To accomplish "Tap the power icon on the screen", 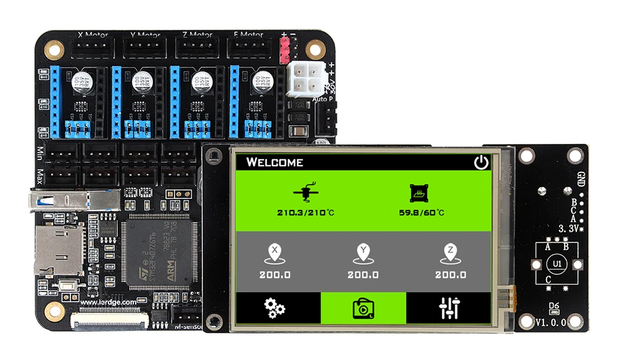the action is point(481,162).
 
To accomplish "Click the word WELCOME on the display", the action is point(275,162).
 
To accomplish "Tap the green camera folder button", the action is point(363,308).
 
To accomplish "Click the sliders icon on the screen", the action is point(450,308).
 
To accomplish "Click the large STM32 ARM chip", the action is point(159,253).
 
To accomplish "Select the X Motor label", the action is point(93,35).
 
